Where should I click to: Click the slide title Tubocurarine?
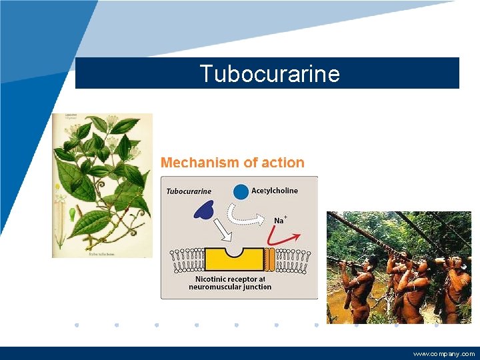click(269, 73)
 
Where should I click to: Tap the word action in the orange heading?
click(283, 163)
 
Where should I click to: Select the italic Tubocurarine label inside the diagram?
click(189, 191)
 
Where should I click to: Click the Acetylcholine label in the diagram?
click(275, 191)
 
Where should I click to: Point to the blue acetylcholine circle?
click(241, 192)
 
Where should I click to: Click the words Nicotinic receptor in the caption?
click(231, 279)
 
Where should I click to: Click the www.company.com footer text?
click(443, 354)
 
